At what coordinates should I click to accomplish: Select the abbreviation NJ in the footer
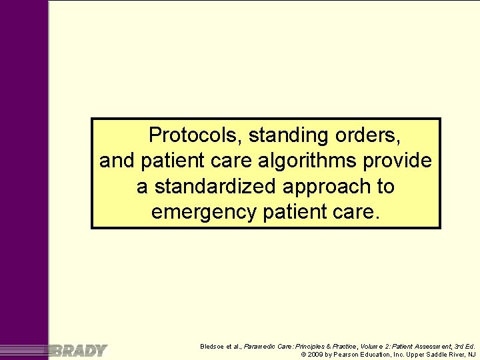click(x=471, y=355)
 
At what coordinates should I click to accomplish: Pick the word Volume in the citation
click(x=375, y=346)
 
